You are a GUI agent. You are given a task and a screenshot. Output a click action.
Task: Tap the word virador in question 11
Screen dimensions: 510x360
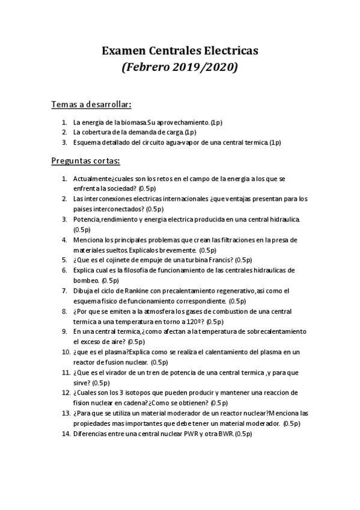(x=116, y=372)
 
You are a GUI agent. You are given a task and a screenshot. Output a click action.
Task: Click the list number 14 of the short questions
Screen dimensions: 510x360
(x=65, y=434)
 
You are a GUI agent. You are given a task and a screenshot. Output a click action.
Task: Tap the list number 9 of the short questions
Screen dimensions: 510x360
(x=66, y=331)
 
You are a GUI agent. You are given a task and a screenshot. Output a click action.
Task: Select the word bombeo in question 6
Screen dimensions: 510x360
(x=86, y=280)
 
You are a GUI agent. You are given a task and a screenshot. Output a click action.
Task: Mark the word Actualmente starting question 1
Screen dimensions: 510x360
(x=92, y=179)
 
